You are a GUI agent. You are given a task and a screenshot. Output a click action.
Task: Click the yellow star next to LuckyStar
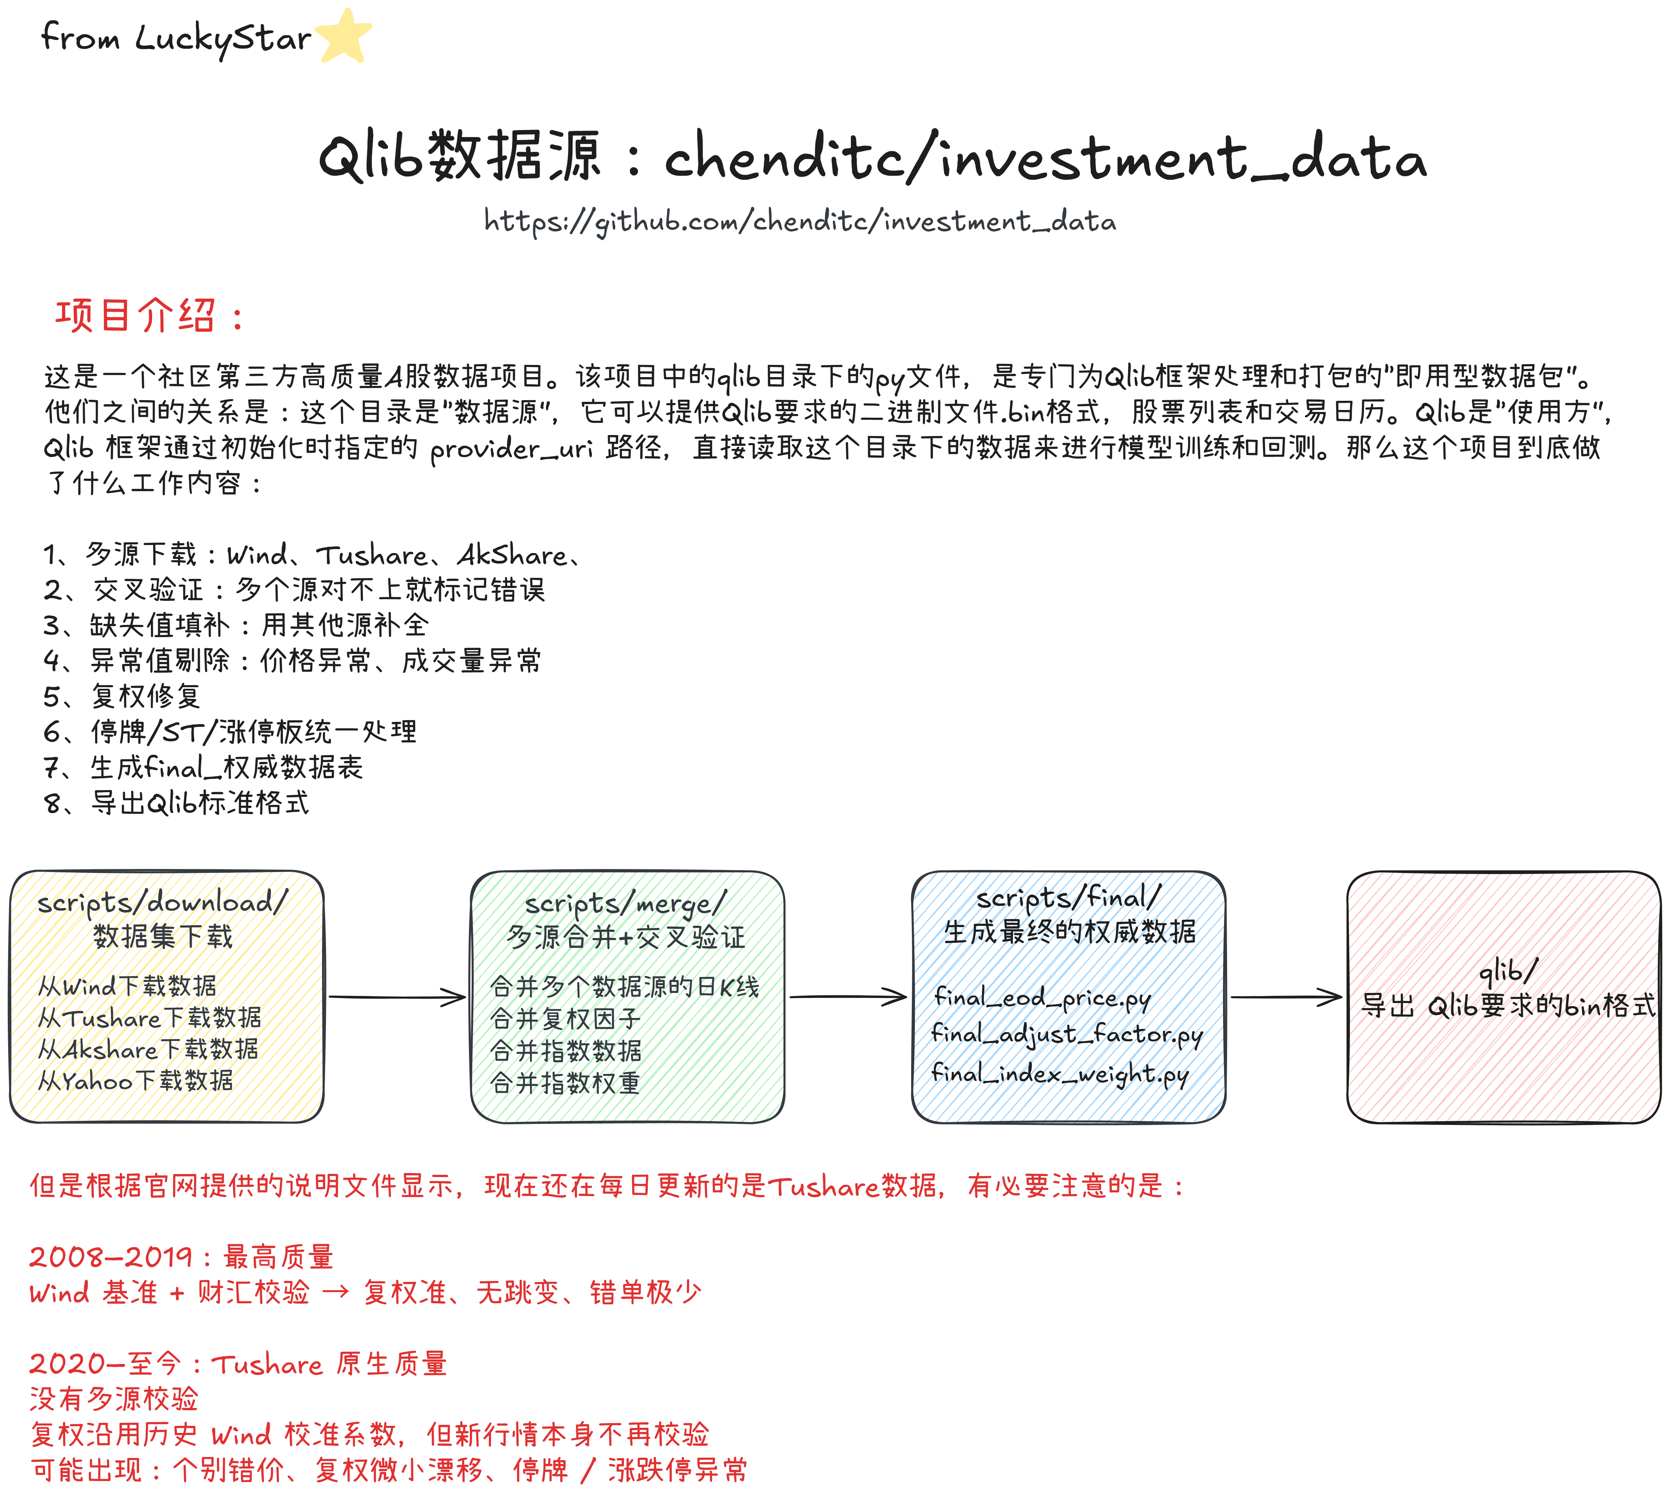(x=343, y=36)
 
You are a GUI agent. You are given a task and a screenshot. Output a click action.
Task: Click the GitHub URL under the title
(x=800, y=221)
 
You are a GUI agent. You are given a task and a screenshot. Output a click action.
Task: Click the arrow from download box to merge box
(x=397, y=997)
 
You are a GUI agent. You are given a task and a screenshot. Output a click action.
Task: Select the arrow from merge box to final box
(x=848, y=997)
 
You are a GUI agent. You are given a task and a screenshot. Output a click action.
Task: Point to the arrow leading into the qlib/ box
(x=1286, y=997)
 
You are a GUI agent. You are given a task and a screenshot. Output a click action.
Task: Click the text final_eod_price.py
(x=1042, y=998)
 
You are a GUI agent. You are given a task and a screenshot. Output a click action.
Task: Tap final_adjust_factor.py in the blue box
(x=1067, y=1034)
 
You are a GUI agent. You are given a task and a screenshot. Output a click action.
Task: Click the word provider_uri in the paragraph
(x=511, y=448)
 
